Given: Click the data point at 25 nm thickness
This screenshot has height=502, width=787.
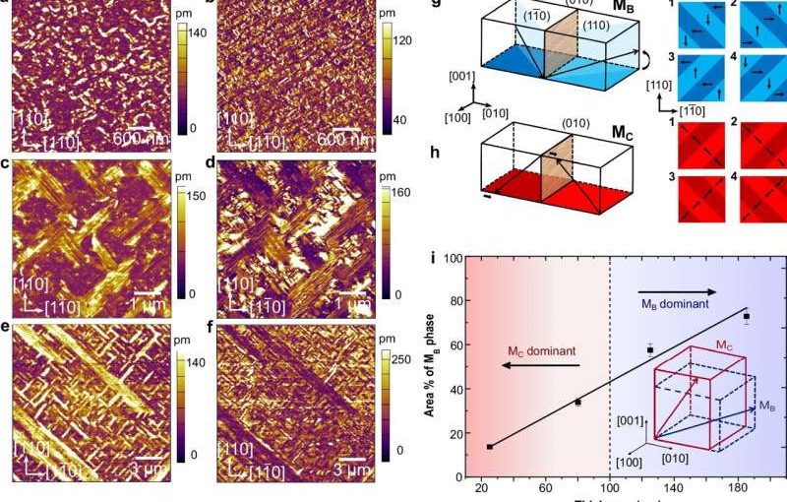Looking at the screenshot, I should click(x=490, y=447).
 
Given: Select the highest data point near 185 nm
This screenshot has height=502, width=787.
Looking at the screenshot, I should click(x=747, y=317).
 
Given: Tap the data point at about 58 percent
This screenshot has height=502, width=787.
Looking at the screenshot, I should click(x=650, y=349).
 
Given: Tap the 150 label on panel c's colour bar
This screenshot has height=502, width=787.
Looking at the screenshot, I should click(x=195, y=195).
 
